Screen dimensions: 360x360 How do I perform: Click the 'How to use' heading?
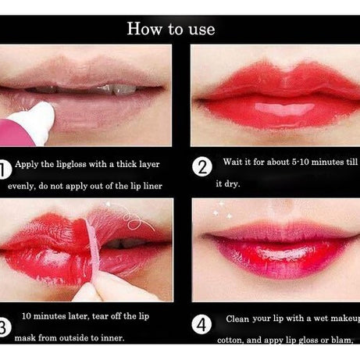170,30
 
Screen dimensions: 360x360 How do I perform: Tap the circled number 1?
4,167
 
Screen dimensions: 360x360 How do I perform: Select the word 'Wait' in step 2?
233,162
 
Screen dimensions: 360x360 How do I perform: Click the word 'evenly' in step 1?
23,187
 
